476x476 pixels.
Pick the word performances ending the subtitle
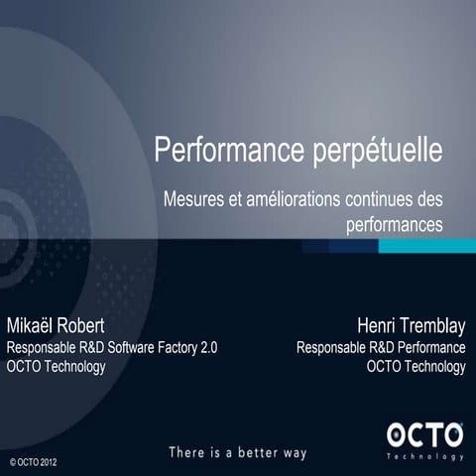tap(395, 224)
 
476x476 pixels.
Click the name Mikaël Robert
tap(57, 326)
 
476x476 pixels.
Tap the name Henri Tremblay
tap(412, 326)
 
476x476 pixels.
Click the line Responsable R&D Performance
tap(381, 348)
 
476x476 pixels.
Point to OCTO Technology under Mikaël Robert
tap(57, 367)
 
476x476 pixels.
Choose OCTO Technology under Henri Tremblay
tap(416, 367)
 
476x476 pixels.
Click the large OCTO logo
tap(424, 433)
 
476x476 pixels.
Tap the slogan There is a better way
tap(237, 452)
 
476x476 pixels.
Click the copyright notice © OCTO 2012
tap(40, 462)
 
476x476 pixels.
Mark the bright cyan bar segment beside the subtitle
tap(426, 245)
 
